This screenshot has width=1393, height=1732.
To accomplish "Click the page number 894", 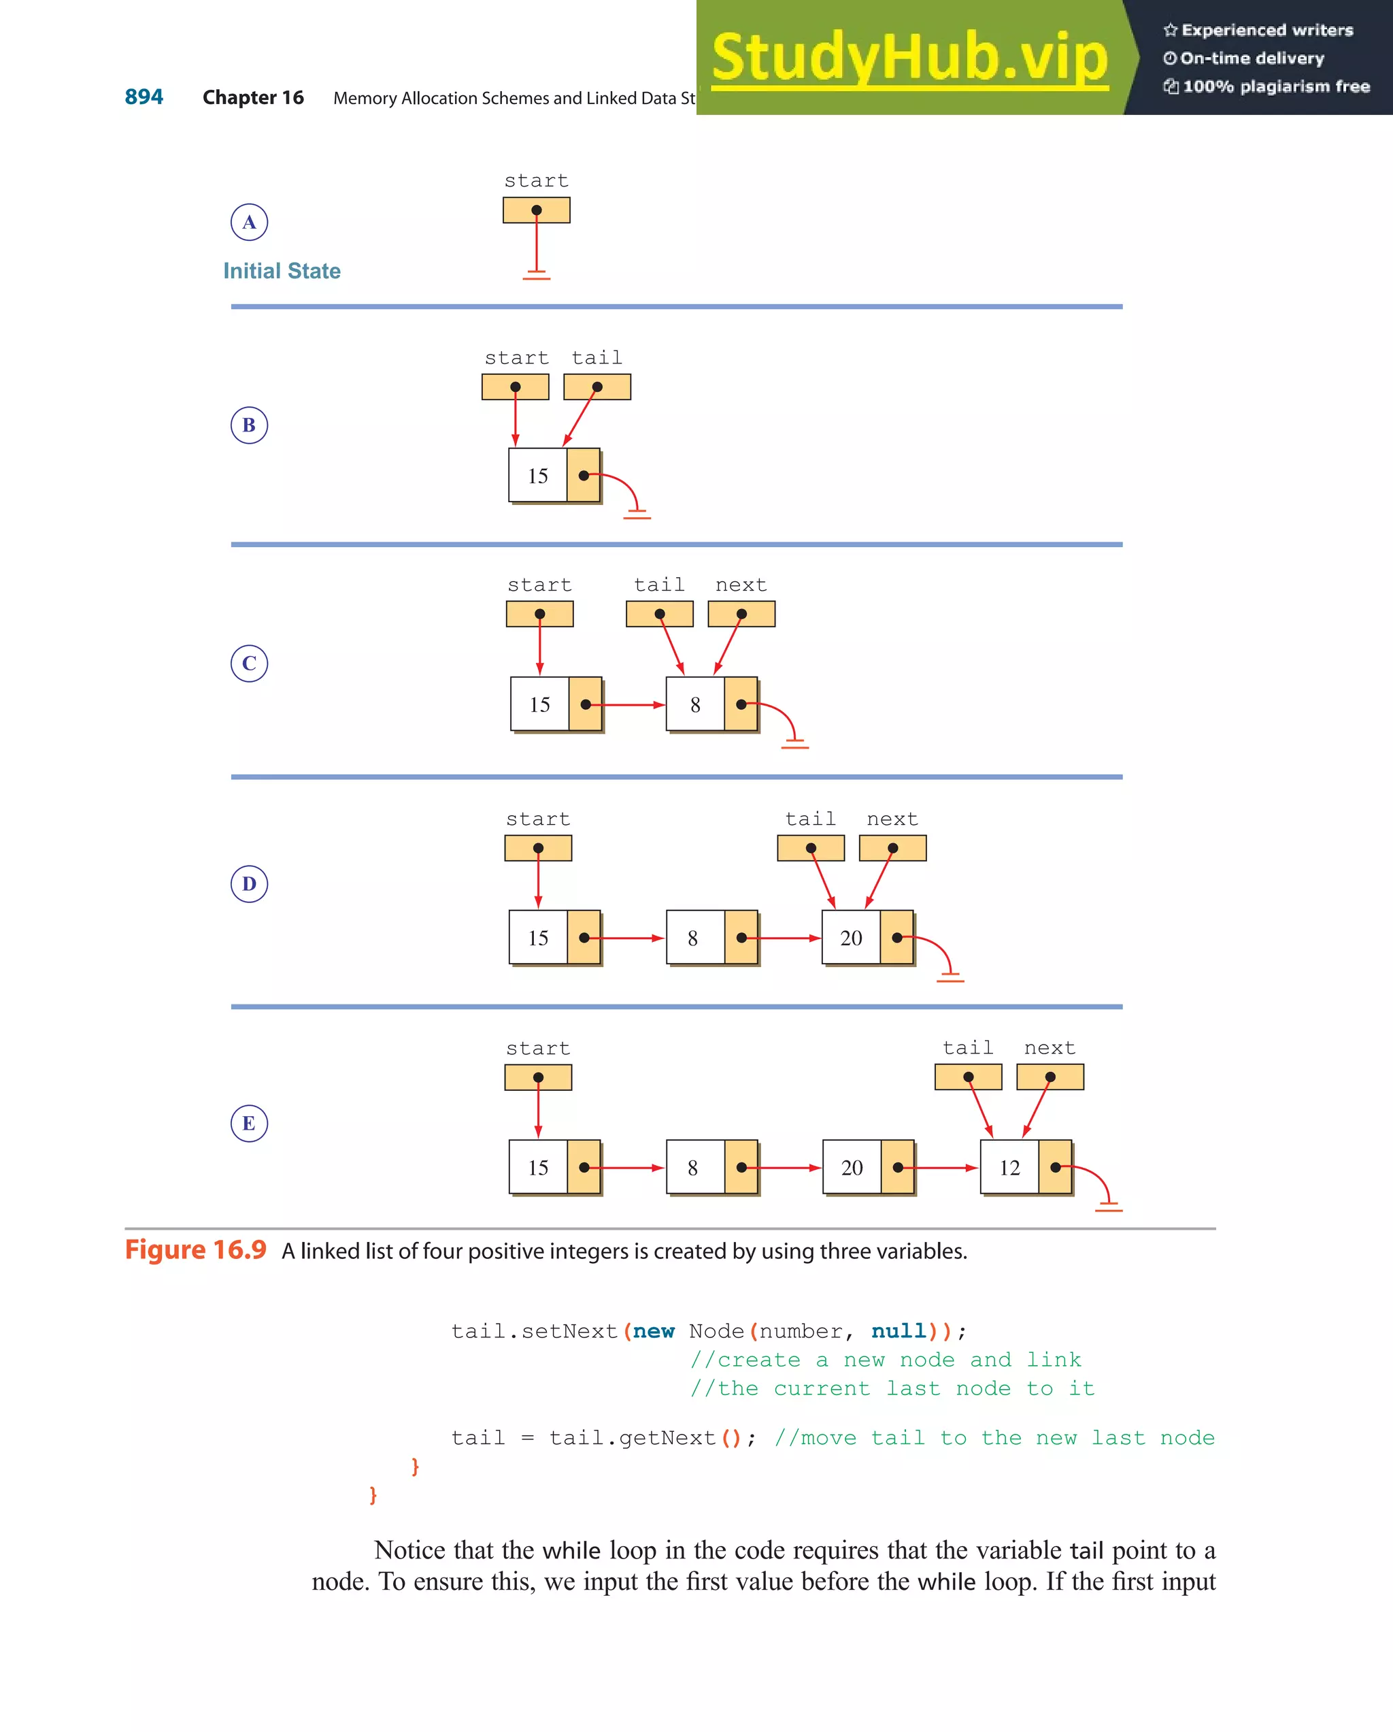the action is pos(144,97).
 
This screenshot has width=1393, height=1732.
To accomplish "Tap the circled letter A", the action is pos(249,223).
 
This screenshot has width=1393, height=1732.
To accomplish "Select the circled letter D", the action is pos(249,883).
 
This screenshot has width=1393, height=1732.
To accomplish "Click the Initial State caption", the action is pos(282,271).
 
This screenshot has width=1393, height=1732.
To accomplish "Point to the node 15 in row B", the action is pos(554,476).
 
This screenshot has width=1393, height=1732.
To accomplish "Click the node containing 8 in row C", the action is pos(711,704).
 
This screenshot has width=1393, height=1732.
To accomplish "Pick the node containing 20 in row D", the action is pos(867,938).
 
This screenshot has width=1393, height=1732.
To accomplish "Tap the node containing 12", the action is pos(1025,1167).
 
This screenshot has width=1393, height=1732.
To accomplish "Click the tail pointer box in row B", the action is pos(597,387).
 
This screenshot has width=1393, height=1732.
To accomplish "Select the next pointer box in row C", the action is pos(741,614).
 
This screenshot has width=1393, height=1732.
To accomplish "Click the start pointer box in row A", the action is pos(537,210).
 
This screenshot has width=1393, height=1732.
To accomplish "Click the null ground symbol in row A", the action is pos(537,276).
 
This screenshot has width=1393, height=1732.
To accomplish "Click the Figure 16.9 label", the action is pos(195,1250).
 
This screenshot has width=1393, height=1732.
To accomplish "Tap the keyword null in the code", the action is pos(899,1331).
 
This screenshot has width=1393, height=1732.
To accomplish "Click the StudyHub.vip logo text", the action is pos(909,56).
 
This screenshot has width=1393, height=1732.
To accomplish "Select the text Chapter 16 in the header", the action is pos(253,97).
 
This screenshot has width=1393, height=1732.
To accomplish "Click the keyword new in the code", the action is pos(654,1331).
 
